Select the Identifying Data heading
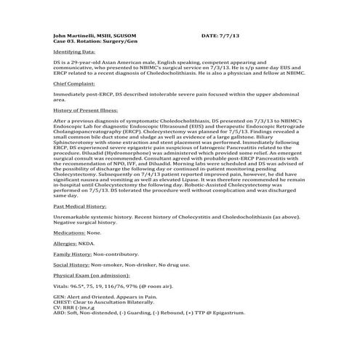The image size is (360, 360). (76, 52)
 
